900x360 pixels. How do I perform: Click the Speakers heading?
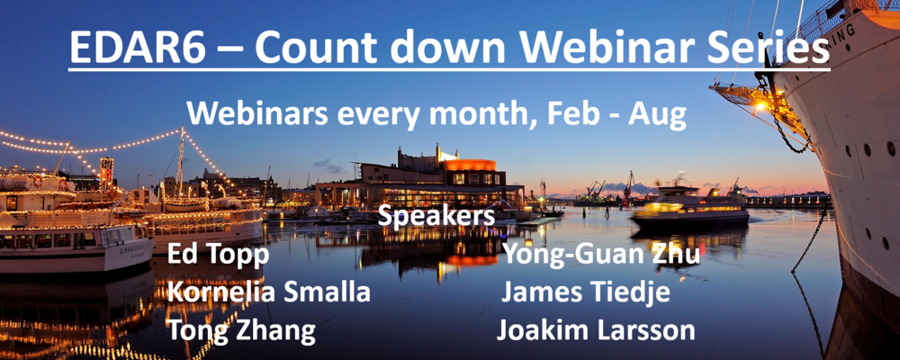(436, 218)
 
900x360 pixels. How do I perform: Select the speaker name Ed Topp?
(218, 256)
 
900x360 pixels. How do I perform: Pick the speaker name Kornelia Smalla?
(268, 292)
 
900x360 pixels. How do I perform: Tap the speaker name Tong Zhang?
(241, 331)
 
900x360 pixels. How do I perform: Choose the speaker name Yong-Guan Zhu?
(601, 255)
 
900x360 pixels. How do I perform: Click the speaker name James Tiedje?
(586, 292)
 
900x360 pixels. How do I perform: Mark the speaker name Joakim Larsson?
(596, 330)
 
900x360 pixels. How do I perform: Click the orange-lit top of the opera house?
(470, 165)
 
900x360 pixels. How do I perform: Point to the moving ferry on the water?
(690, 210)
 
